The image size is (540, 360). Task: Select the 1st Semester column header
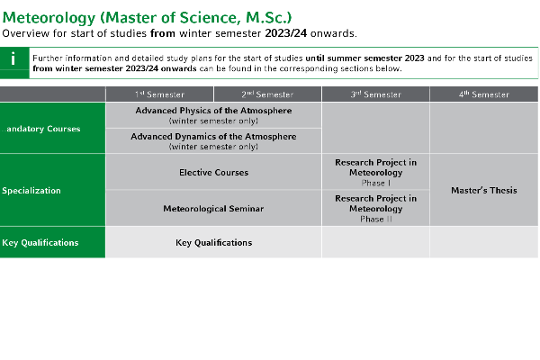pyautogui.click(x=159, y=94)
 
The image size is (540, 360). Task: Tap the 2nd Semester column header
pyautogui.click(x=267, y=94)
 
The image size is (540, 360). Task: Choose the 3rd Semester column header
pyautogui.click(x=375, y=94)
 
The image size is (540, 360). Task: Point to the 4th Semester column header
pyautogui.click(x=484, y=94)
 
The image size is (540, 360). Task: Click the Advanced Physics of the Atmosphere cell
pyautogui.click(x=213, y=115)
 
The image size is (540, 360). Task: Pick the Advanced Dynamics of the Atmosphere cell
pyautogui.click(x=213, y=140)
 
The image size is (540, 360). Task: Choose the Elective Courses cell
pyautogui.click(x=213, y=172)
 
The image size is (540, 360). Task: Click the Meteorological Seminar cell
pyautogui.click(x=213, y=208)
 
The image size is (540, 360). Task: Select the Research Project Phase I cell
pyautogui.click(x=375, y=172)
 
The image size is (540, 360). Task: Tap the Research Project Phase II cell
pyautogui.click(x=375, y=208)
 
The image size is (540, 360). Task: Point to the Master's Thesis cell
pyautogui.click(x=484, y=190)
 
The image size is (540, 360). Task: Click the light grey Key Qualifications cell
pyautogui.click(x=213, y=242)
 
